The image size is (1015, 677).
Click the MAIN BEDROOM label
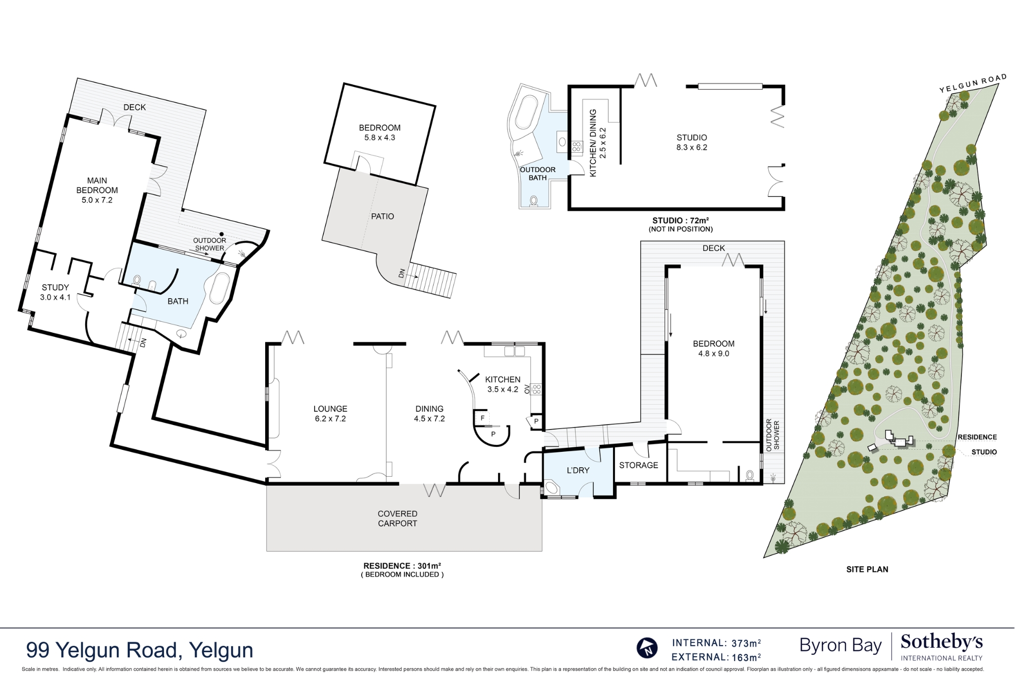tap(97, 190)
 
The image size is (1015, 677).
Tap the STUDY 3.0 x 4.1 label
tap(55, 292)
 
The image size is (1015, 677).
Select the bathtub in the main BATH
tap(219, 288)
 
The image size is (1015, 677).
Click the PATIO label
tap(382, 216)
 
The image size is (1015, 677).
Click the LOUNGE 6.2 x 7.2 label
tap(330, 414)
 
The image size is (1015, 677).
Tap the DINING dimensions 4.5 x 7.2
tap(429, 419)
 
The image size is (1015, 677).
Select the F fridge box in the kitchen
tap(482, 418)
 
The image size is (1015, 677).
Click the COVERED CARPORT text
tap(397, 518)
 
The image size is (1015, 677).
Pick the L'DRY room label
tap(578, 470)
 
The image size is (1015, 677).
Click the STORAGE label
tap(638, 465)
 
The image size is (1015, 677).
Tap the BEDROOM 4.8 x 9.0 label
tap(713, 348)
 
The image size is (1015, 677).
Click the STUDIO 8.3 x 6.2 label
tap(691, 142)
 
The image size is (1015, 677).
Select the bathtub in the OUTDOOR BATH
tap(526, 112)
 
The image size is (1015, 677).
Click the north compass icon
tap(647, 648)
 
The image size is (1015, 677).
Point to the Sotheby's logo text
tap(941, 642)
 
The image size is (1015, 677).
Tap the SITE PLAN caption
tap(867, 569)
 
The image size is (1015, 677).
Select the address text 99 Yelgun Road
tap(139, 650)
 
